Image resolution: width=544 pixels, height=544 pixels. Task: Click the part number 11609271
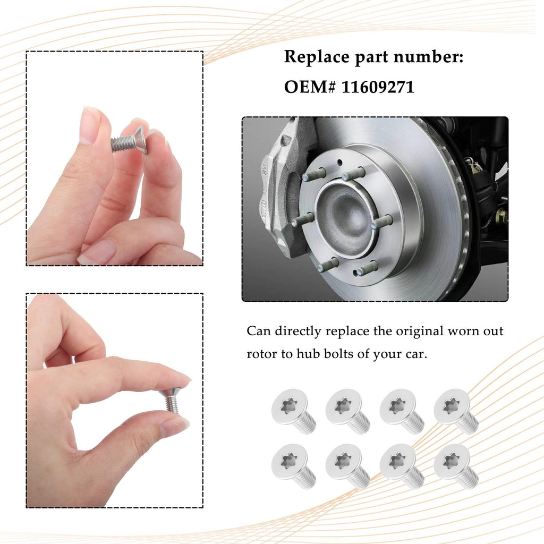pos(378,87)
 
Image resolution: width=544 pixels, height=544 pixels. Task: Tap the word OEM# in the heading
pos(310,87)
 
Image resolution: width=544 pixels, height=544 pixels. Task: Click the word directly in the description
pos(298,331)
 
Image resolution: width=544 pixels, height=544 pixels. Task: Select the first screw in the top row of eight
pos(293,411)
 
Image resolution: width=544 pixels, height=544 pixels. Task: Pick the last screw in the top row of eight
pos(456,411)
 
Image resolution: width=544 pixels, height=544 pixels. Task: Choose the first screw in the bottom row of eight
pos(293,466)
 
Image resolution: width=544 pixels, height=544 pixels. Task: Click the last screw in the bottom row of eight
pos(456,466)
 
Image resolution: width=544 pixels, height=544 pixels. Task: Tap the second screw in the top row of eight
pos(347,411)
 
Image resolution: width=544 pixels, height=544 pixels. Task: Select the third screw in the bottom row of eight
pos(402,466)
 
